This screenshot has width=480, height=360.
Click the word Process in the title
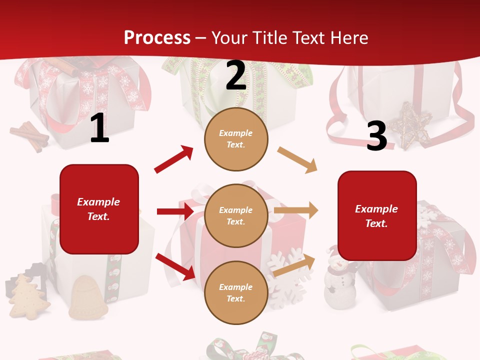click(157, 38)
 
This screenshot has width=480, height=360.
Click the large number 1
click(99, 129)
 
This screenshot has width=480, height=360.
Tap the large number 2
click(236, 76)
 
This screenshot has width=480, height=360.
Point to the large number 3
click(376, 136)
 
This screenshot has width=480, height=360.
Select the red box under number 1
click(99, 209)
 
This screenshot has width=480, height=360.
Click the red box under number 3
click(377, 215)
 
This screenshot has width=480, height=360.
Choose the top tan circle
click(236, 139)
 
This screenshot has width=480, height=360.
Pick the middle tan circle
click(236, 215)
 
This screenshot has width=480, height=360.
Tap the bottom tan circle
click(236, 292)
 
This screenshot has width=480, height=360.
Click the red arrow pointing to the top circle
click(174, 159)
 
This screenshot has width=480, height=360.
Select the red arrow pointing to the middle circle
click(175, 211)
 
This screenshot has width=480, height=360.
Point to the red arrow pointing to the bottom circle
click(175, 266)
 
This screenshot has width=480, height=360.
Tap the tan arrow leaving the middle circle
click(296, 210)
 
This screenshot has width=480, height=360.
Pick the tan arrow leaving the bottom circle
click(294, 265)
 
